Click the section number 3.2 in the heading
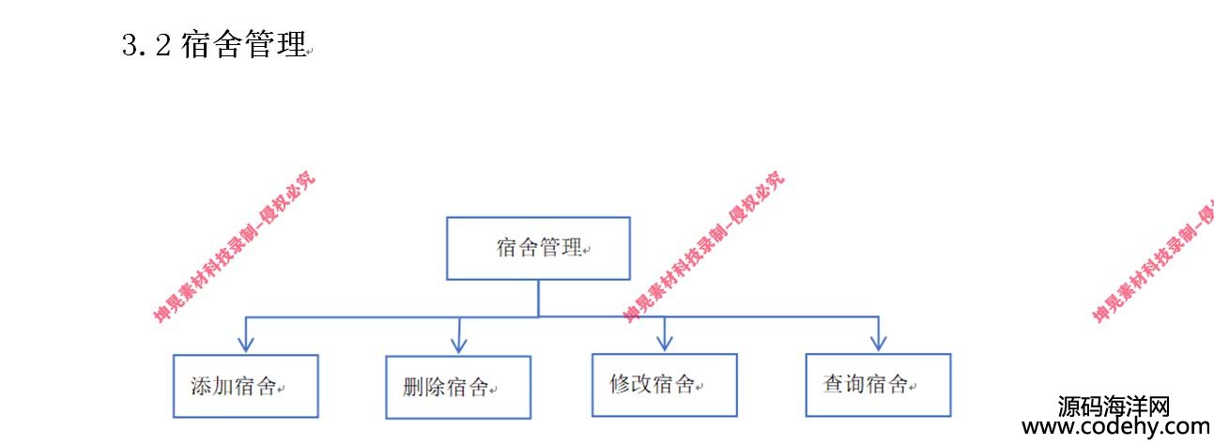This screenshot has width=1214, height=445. tap(146, 45)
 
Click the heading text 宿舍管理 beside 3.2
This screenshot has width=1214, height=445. tap(244, 45)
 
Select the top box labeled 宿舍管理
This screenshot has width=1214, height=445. tap(538, 249)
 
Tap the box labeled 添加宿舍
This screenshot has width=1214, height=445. tap(245, 386)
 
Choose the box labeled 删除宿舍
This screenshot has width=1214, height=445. tap(458, 387)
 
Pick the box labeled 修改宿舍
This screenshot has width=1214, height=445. tap(664, 385)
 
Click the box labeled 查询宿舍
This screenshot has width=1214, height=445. tap(878, 385)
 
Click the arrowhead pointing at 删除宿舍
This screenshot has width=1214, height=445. tap(459, 345)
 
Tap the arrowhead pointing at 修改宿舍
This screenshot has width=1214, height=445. tap(665, 343)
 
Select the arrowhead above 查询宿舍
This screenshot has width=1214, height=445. tap(878, 343)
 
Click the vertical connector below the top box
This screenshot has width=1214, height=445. tap(538, 298)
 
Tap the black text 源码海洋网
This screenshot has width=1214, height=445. tap(1114, 407)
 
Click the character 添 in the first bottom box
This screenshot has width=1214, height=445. tap(200, 386)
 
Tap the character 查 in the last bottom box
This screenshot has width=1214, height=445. tap(833, 384)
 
